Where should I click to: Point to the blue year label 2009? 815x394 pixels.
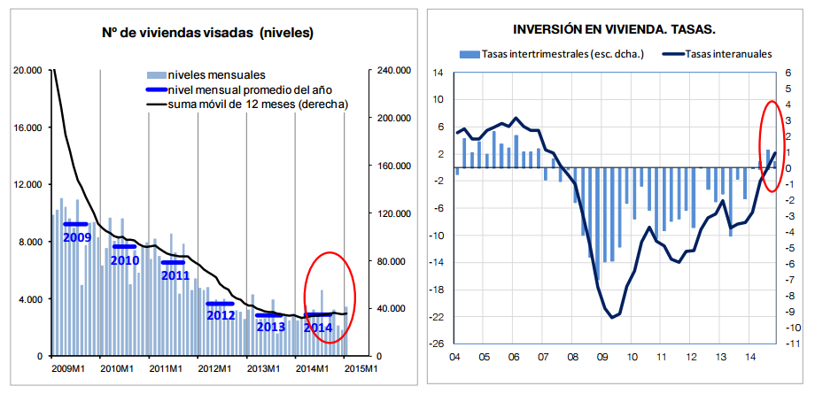click(78, 237)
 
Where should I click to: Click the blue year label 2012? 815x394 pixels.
click(221, 314)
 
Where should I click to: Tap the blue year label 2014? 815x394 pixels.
click(317, 328)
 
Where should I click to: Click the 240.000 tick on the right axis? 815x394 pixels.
click(390, 70)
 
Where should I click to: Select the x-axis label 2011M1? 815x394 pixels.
click(165, 368)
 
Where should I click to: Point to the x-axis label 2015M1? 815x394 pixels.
click(362, 368)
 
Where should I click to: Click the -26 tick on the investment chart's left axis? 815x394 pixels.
click(437, 344)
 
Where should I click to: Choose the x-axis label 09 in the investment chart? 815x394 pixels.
click(602, 358)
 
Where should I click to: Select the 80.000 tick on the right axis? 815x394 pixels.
click(387, 261)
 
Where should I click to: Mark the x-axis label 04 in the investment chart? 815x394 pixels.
click(454, 358)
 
